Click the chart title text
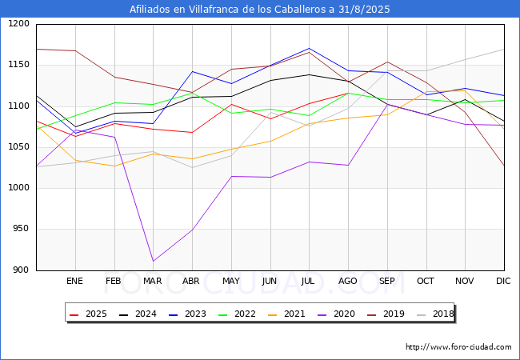(x=260, y=10)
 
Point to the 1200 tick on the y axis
(x=18, y=24)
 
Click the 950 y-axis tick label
(x=21, y=229)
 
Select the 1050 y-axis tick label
(x=18, y=147)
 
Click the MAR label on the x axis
(x=152, y=281)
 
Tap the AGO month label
(x=348, y=281)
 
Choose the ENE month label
(x=74, y=281)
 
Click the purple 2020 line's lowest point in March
(x=153, y=261)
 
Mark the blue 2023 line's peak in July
(x=309, y=48)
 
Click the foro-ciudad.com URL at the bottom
(x=458, y=347)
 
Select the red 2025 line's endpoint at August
(x=348, y=93)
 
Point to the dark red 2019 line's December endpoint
(x=504, y=166)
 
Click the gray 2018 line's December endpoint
(x=504, y=50)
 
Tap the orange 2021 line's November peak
(x=465, y=90)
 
